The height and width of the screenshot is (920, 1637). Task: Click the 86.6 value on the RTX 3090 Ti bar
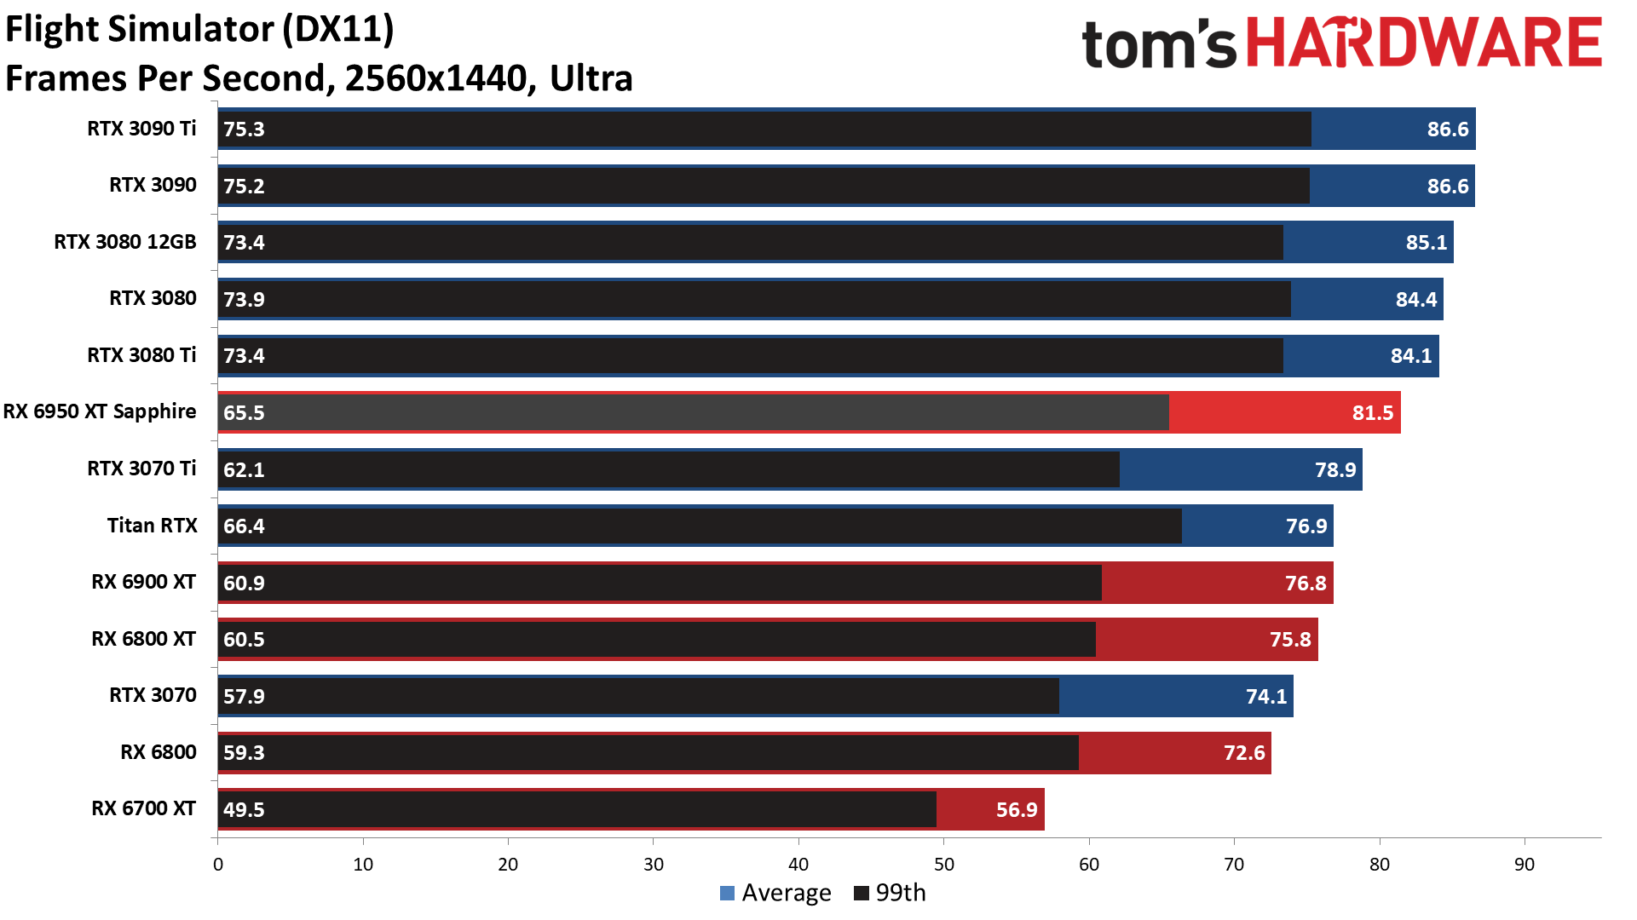pos(1447,129)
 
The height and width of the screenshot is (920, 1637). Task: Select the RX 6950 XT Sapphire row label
pos(100,412)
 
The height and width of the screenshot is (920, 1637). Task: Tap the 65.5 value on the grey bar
pos(244,413)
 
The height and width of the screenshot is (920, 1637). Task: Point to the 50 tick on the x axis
pos(944,865)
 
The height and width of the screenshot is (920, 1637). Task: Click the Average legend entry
pos(775,893)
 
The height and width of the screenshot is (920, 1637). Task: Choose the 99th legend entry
pos(890,893)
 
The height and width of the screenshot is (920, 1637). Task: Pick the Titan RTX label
pos(152,526)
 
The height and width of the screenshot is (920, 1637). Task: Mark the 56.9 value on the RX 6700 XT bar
pos(1017,810)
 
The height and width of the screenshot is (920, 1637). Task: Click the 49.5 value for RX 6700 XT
pos(244,810)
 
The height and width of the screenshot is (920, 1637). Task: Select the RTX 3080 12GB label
pos(125,242)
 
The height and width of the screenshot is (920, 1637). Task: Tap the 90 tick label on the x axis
pos(1525,865)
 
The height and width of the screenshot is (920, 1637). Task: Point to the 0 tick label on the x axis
pos(218,865)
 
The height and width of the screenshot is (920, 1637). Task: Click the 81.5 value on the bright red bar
pos(1372,413)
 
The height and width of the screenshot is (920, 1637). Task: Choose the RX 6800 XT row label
pos(143,639)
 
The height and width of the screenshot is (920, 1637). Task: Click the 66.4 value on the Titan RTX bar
pos(244,526)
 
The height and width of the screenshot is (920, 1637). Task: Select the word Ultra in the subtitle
pos(591,78)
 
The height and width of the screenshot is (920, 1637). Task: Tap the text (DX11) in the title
pos(337,29)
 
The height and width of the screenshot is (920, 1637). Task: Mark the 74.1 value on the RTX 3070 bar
pos(1266,697)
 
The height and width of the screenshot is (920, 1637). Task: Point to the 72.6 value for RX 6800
pos(1244,753)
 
